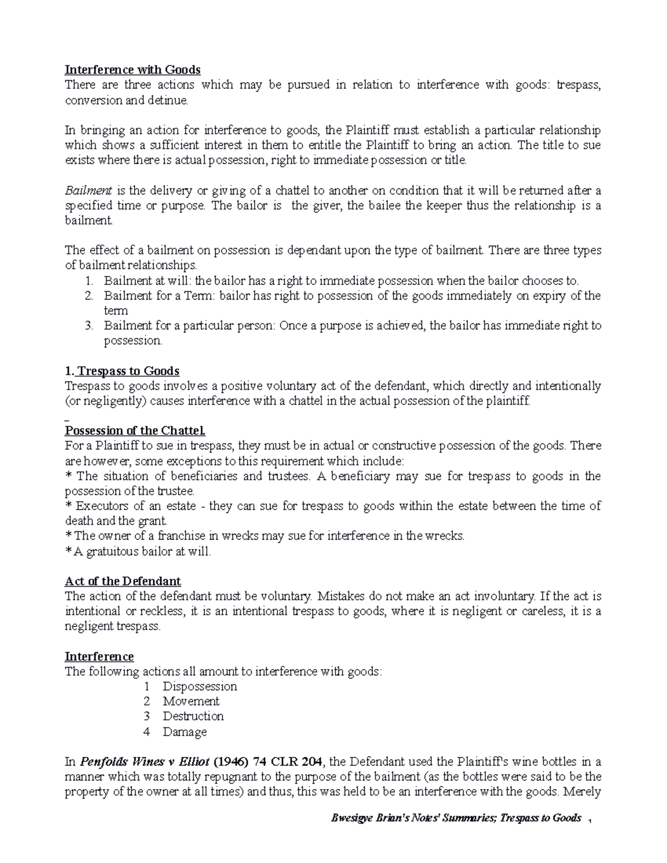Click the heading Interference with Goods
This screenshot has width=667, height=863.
[132, 70]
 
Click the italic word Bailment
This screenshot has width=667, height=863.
[81, 191]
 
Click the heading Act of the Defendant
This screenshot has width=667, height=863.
[123, 581]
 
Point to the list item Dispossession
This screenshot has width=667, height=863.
[200, 687]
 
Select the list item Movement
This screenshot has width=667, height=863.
[191, 702]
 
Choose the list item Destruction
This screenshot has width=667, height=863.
[193, 717]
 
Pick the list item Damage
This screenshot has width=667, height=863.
[185, 732]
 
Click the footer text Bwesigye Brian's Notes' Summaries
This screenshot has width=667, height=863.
[410, 818]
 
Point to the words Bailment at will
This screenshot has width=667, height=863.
[145, 281]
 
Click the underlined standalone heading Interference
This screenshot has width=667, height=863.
[99, 657]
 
